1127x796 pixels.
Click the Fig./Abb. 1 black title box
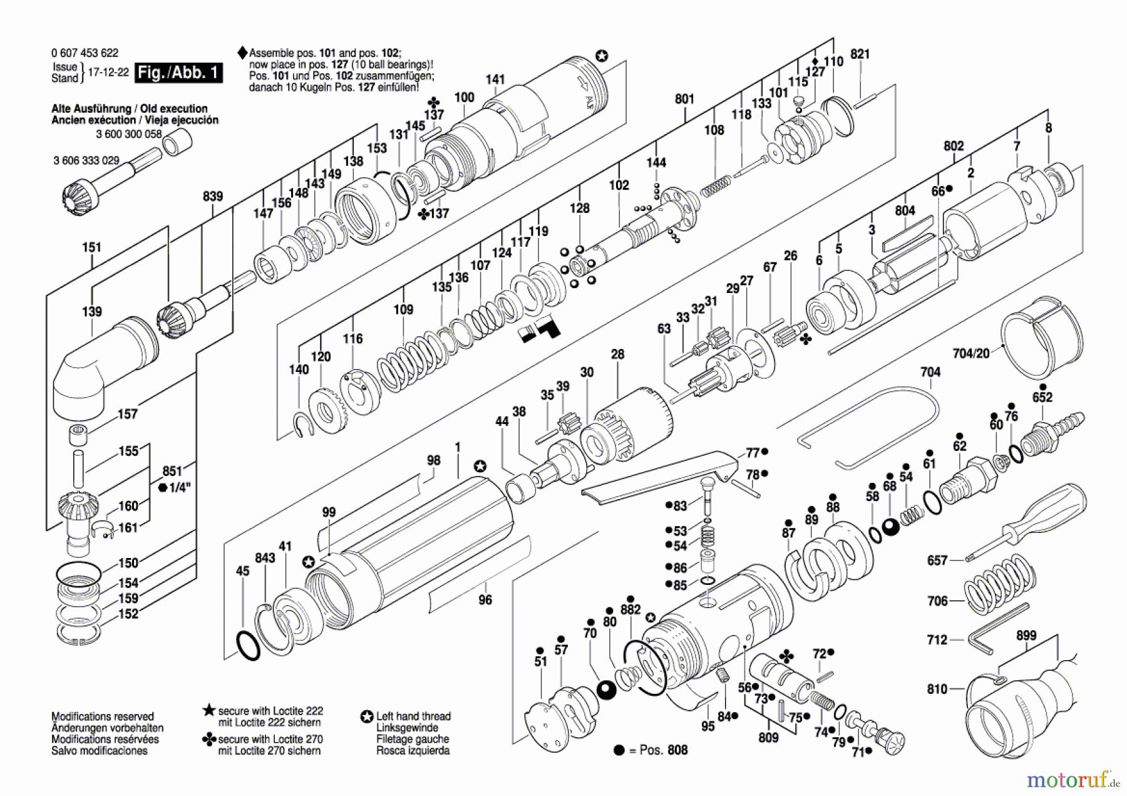point(179,73)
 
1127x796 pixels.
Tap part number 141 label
point(495,80)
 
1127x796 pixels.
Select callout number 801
point(685,99)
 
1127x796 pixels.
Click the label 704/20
point(970,354)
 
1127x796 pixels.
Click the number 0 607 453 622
point(85,53)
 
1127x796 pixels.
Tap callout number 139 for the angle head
point(92,311)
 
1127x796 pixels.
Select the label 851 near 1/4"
point(172,472)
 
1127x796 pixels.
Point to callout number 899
point(1026,636)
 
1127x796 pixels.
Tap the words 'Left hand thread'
point(413,716)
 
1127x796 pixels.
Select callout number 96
point(485,600)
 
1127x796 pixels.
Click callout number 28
point(618,354)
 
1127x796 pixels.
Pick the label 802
point(954,146)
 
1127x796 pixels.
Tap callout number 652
point(1042,397)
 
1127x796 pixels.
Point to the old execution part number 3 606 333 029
point(86,161)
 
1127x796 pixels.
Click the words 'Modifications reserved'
point(102,716)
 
